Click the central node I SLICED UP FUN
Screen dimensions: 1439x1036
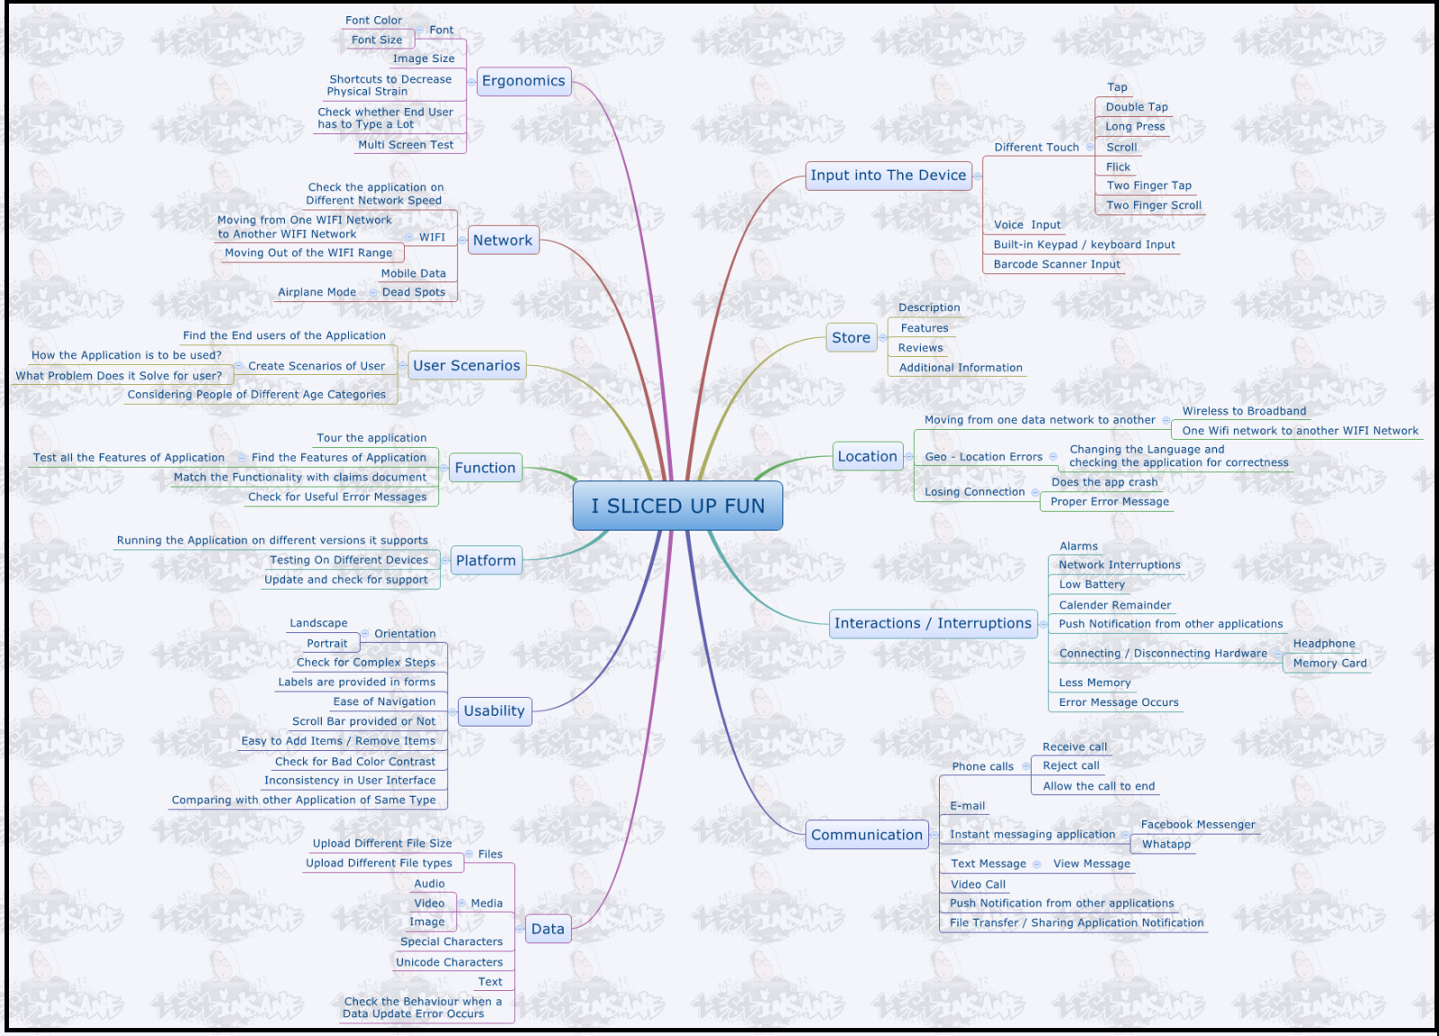point(678,505)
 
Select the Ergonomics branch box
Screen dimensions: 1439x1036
point(523,82)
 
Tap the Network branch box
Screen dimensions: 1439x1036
point(503,240)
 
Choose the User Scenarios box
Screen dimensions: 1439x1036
point(467,365)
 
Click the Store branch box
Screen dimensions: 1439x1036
point(851,337)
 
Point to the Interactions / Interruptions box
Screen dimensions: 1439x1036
point(933,623)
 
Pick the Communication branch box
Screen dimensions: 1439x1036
point(867,835)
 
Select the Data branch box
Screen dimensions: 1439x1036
point(548,929)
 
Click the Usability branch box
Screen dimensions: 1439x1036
point(495,711)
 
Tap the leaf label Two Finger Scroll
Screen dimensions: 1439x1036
point(1154,206)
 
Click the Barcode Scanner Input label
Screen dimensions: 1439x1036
point(1057,264)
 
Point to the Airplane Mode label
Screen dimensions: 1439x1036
point(317,292)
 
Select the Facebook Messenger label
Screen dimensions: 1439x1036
point(1198,825)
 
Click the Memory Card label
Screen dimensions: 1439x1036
point(1330,664)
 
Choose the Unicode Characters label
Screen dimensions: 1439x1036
point(449,962)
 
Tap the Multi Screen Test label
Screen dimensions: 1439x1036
point(406,145)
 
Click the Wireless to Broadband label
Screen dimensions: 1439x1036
point(1245,411)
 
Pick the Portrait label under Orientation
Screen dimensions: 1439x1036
point(327,644)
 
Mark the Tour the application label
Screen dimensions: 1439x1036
point(371,438)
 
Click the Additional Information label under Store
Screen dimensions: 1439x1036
point(961,368)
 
